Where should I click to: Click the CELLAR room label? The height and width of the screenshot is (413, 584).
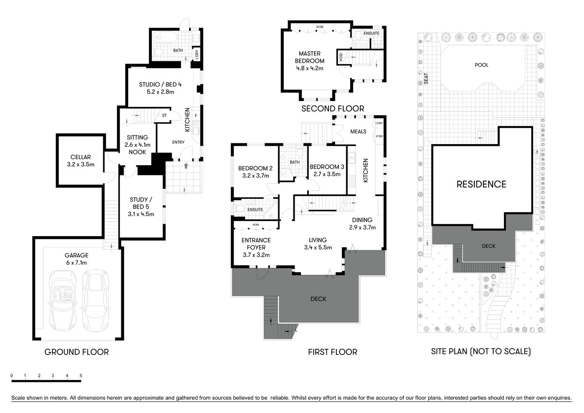(80, 160)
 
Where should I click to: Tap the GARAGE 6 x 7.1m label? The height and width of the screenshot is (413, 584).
(76, 259)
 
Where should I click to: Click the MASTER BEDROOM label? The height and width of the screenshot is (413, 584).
(310, 61)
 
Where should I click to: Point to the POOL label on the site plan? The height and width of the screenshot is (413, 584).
(481, 65)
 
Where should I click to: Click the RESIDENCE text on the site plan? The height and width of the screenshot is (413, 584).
(481, 184)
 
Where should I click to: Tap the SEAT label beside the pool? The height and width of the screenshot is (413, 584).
(426, 78)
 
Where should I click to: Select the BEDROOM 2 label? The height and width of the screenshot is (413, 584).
(255, 172)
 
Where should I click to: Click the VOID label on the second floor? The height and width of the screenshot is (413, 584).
(341, 57)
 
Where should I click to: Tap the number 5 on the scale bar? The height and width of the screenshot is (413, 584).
(81, 376)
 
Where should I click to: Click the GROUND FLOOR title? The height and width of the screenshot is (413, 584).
(77, 352)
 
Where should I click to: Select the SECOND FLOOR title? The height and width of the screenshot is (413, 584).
(332, 108)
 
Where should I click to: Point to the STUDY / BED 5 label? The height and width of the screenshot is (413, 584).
(141, 206)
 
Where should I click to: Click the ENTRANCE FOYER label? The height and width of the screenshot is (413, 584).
(256, 247)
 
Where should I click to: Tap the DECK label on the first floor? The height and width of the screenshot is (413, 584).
(318, 299)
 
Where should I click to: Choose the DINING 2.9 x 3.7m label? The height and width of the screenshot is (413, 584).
(362, 224)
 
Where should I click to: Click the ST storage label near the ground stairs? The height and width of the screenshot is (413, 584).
(164, 115)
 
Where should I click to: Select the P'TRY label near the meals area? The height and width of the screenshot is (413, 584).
(379, 136)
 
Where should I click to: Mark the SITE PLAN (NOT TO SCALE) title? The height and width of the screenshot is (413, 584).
(481, 351)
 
